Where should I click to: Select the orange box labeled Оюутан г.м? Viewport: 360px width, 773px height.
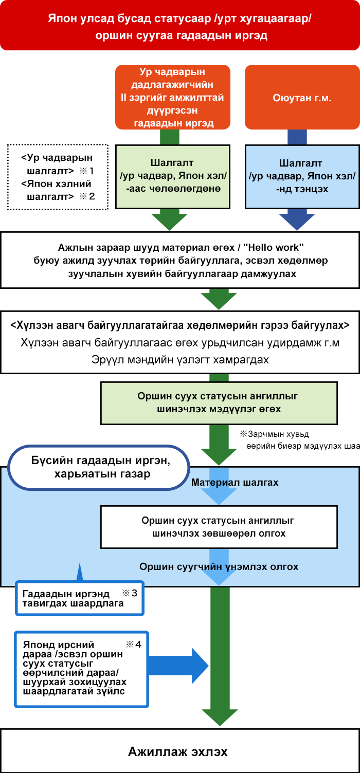(x=302, y=97)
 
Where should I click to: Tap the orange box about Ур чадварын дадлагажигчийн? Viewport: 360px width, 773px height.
(x=173, y=97)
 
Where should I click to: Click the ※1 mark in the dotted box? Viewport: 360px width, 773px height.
(x=87, y=170)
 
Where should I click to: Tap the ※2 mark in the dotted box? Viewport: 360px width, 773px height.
(x=87, y=196)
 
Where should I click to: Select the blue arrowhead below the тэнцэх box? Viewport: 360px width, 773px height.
(x=297, y=220)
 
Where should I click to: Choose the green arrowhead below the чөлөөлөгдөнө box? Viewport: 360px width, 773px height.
(x=169, y=220)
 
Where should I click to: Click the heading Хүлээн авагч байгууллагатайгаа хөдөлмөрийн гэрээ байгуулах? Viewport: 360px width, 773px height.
(x=179, y=325)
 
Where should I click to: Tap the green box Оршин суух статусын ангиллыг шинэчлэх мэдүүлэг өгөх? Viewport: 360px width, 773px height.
(x=219, y=402)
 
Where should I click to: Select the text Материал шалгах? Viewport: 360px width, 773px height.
(x=235, y=483)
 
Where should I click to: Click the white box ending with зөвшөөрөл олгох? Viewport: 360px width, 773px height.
(x=219, y=527)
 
